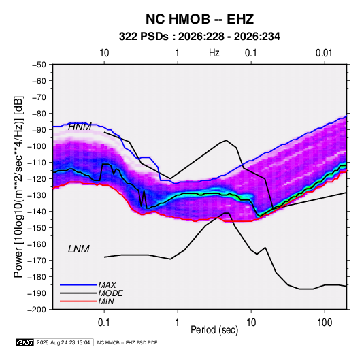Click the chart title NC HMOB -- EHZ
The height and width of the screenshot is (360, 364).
(199, 19)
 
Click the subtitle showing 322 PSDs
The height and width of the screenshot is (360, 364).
(199, 37)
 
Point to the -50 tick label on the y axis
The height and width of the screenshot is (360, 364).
(39, 65)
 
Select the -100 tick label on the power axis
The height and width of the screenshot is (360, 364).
(37, 146)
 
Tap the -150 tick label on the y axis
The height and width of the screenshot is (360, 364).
(37, 228)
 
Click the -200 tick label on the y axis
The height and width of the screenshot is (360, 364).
(37, 310)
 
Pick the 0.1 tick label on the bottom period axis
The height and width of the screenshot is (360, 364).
(104, 323)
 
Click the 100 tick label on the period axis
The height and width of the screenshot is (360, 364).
(325, 323)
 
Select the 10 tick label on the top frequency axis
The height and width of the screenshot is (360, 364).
(104, 53)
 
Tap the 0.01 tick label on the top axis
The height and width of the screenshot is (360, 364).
(324, 53)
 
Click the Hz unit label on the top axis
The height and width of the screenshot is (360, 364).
(214, 53)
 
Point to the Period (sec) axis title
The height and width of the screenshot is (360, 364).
(214, 330)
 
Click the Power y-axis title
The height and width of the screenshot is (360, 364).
(18, 187)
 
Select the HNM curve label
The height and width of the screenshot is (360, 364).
(80, 127)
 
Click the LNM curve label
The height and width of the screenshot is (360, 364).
(79, 249)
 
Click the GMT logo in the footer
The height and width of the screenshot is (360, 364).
(24, 342)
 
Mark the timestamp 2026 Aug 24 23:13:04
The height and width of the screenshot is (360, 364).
(63, 342)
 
